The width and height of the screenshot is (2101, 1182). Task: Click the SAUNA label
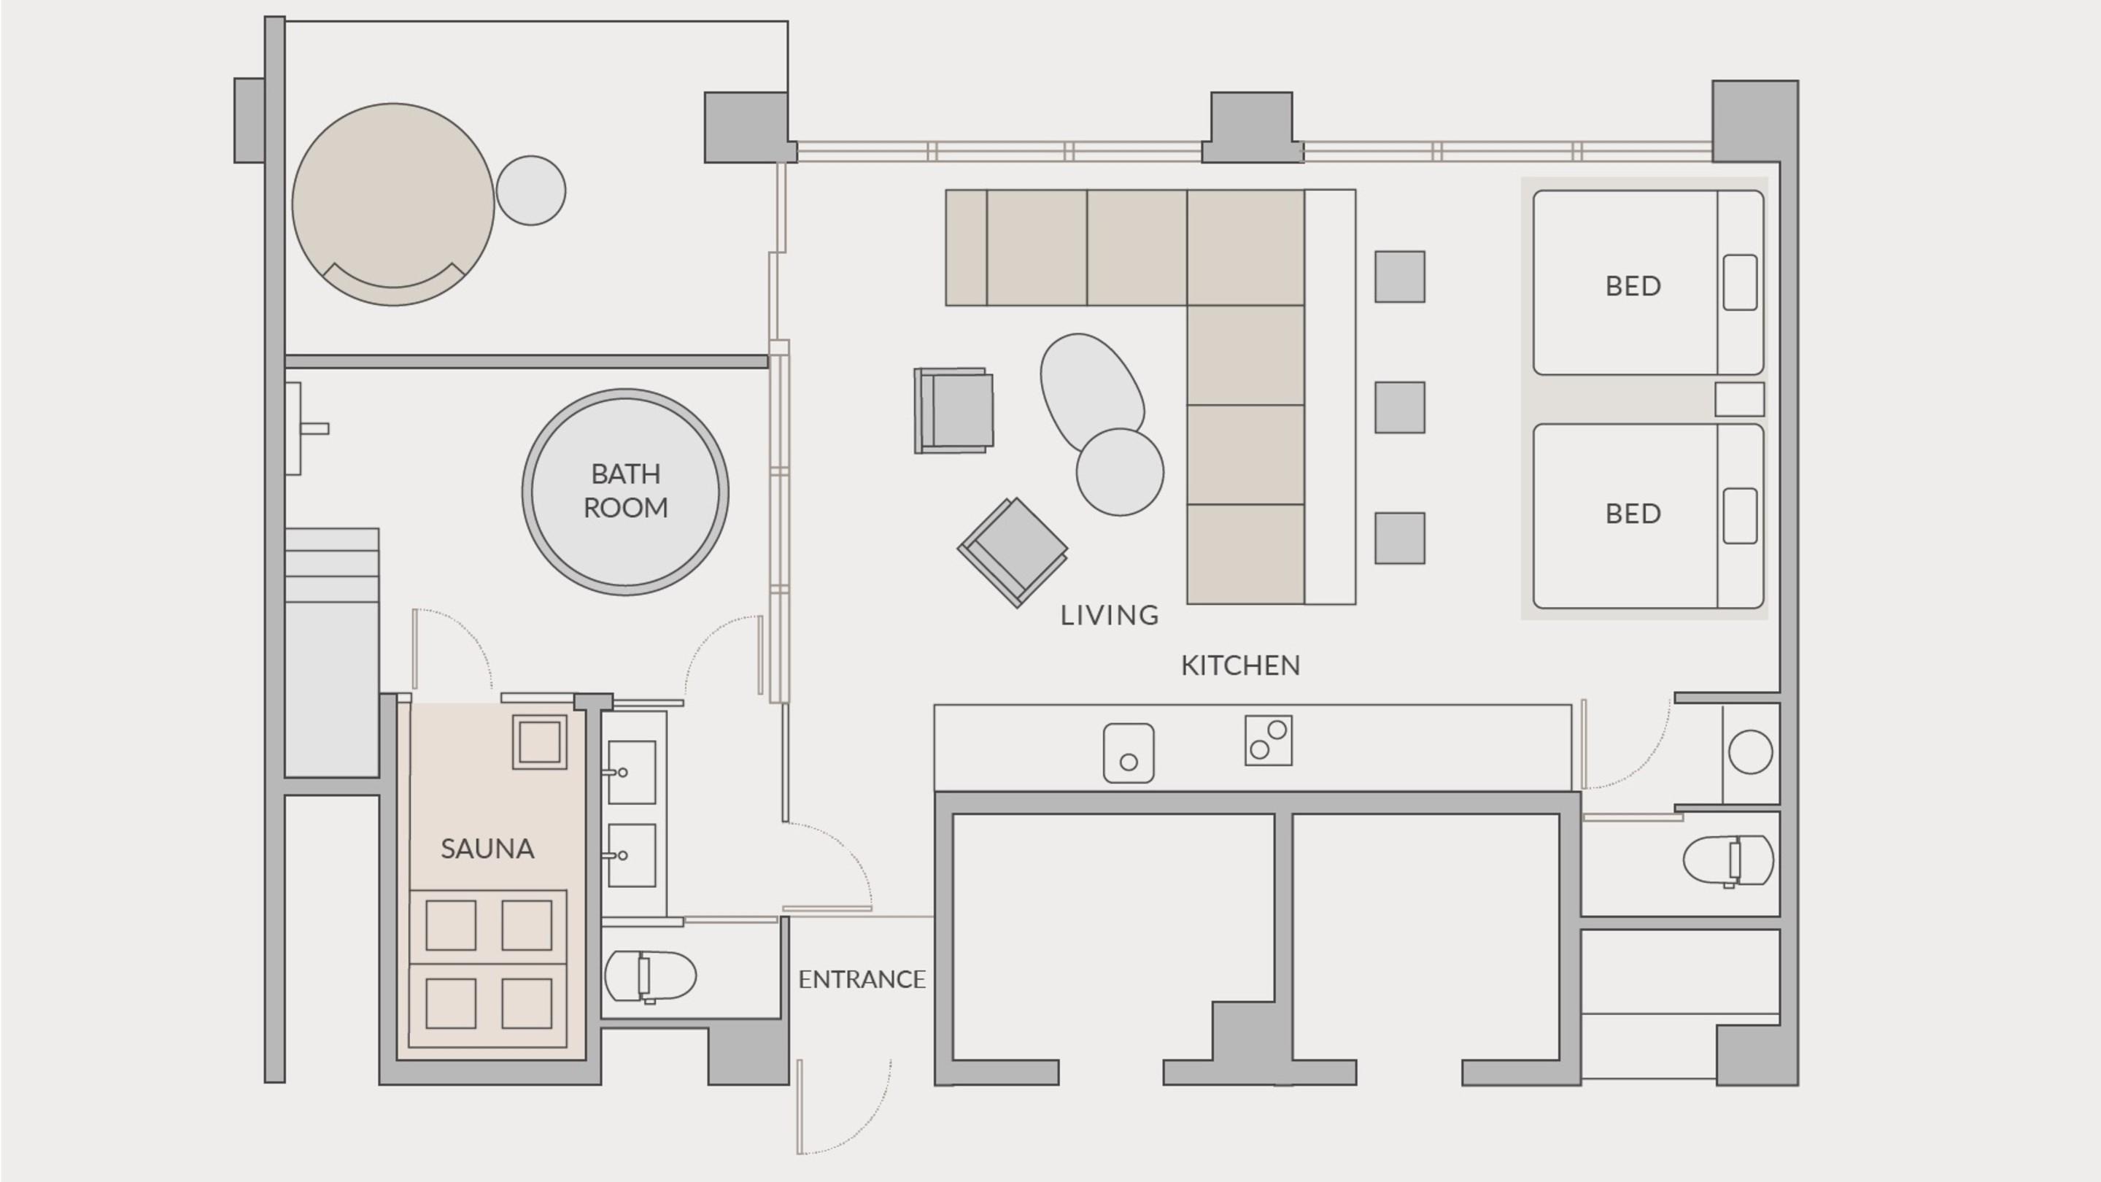tap(487, 849)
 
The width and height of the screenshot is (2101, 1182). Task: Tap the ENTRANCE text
tap(862, 979)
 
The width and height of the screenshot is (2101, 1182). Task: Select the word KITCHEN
tap(1239, 665)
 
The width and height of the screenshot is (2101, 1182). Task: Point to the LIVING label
tap(1109, 615)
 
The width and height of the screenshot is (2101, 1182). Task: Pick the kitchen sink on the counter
tap(1128, 753)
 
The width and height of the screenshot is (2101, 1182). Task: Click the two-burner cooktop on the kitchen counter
tap(1269, 740)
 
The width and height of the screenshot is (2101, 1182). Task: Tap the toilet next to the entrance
tap(650, 976)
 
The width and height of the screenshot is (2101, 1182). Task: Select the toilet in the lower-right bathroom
tap(1728, 860)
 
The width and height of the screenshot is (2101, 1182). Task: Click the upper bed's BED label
tap(1633, 285)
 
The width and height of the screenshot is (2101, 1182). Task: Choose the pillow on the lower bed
tap(1740, 516)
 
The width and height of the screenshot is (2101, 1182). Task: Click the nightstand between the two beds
tap(1740, 400)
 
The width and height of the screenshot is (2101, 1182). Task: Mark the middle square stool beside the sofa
tap(1400, 407)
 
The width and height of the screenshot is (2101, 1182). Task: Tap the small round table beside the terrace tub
tap(531, 190)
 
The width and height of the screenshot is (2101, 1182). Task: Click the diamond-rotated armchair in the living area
tap(1012, 552)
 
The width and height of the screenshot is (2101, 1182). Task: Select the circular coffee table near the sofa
tap(1120, 471)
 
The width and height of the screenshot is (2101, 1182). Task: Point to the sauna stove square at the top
tap(539, 742)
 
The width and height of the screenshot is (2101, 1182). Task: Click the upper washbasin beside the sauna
tap(631, 772)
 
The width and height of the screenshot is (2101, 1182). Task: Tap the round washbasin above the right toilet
tap(1750, 752)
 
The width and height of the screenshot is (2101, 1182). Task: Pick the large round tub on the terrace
tap(393, 204)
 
